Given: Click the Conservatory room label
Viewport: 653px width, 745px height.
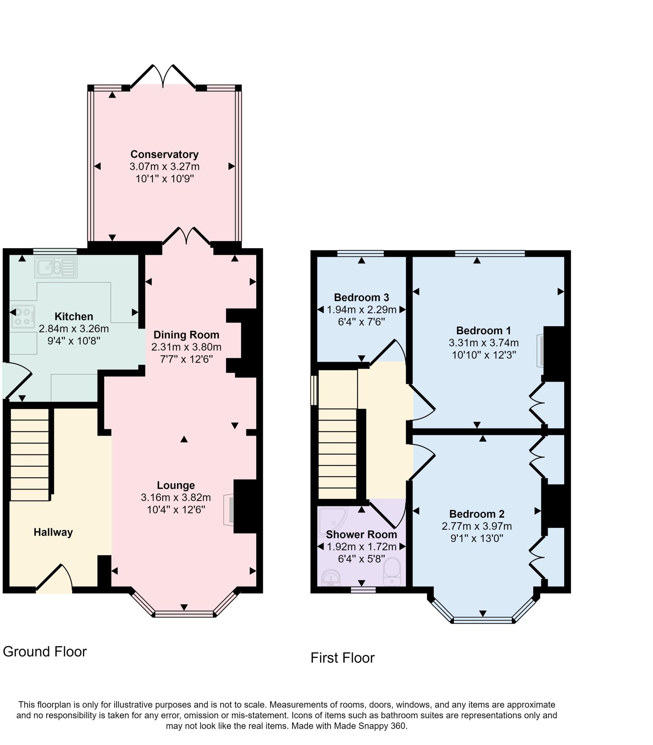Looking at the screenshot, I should [165, 154].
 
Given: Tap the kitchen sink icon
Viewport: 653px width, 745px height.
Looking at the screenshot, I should [56, 268].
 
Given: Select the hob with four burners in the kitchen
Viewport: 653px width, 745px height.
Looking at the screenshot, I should [23, 316].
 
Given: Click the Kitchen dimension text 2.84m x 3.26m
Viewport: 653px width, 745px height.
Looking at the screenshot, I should [74, 329].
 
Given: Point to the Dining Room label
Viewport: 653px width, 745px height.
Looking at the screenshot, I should [186, 335].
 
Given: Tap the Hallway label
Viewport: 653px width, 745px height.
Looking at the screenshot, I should [53, 532].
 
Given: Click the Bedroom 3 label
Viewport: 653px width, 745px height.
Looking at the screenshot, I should [361, 298].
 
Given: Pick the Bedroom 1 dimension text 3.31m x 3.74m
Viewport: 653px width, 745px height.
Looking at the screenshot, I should [483, 343].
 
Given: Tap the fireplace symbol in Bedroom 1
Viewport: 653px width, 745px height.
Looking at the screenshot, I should [540, 351].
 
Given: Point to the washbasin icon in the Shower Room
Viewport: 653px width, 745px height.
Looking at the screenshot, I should [331, 578].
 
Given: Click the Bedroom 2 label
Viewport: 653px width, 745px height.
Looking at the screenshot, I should [476, 514].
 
